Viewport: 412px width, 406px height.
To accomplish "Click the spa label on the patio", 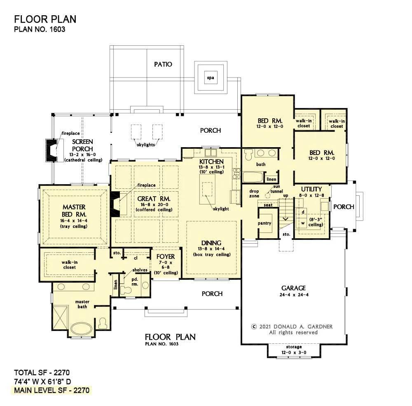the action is tap(211, 78).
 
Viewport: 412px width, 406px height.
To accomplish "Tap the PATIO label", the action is tap(163, 64).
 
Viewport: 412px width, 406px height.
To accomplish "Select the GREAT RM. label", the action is tap(154, 199).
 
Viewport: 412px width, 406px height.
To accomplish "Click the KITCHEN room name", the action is tap(211, 162).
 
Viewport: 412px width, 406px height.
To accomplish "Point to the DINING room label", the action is tap(211, 243).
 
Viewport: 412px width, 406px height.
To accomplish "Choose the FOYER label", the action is tap(166, 257).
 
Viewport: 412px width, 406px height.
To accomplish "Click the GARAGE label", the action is tap(293, 288).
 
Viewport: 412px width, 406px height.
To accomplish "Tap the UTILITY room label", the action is tap(311, 189).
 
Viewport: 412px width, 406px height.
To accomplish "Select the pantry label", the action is tap(265, 223).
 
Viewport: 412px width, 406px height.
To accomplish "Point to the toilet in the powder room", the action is tap(125, 290).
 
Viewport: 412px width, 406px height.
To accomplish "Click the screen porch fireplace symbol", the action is tap(51, 150).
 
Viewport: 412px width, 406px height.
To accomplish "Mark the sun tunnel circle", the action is tap(267, 195).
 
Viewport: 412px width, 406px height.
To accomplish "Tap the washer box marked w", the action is tap(303, 223).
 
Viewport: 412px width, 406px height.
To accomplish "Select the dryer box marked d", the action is tap(303, 212).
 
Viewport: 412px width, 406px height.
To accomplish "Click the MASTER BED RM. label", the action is tap(74, 211).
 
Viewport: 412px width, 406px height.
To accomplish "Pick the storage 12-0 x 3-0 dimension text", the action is tap(294, 352).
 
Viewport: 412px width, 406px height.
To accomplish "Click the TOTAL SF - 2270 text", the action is tap(42, 373).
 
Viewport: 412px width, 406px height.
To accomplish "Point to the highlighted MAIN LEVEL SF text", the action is tap(52, 390).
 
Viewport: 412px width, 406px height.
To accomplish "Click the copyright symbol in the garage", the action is tap(254, 326).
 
